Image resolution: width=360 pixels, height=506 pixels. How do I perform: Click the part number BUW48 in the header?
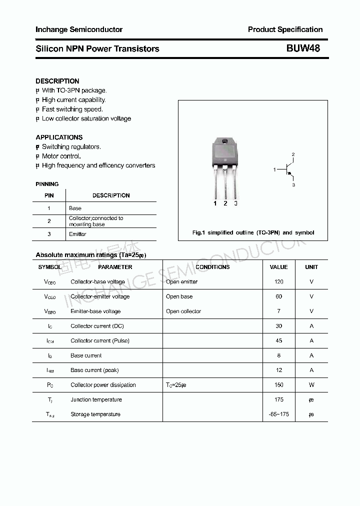(303, 48)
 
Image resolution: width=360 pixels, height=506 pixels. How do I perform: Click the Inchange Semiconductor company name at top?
(79, 29)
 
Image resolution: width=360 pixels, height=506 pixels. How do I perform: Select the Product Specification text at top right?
(285, 29)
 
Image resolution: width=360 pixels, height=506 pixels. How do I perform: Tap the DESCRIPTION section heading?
(57, 81)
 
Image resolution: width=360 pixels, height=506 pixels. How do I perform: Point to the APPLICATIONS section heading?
(59, 137)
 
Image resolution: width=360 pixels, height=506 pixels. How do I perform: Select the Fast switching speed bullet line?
(72, 109)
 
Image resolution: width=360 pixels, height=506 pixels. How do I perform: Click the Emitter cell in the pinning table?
(77, 234)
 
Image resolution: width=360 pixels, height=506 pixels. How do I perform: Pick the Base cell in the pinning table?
(75, 208)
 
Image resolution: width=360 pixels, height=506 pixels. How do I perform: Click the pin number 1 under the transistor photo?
(215, 203)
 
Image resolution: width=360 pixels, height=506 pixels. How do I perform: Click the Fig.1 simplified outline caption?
(253, 232)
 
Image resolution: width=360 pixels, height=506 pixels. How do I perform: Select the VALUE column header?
(278, 267)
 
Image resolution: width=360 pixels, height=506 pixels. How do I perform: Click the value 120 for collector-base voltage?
(278, 281)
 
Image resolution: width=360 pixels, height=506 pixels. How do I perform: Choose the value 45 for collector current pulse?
(278, 340)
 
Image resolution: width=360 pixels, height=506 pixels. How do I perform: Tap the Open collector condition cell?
(183, 311)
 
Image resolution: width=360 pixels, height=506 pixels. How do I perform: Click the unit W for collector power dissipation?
(311, 385)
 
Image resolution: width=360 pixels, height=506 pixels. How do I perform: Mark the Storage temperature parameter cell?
(95, 414)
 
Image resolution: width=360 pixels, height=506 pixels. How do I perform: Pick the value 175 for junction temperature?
(278, 399)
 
